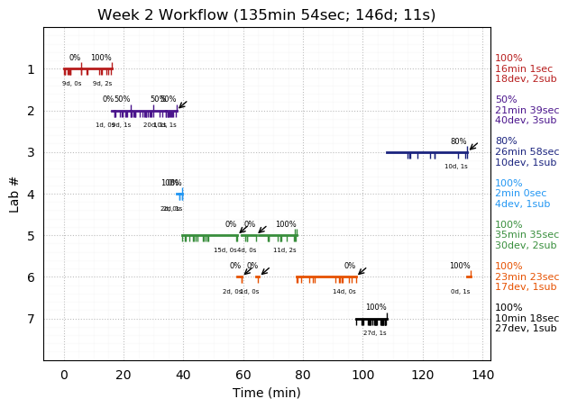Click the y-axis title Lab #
coord(14,194)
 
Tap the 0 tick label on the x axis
coord(64,375)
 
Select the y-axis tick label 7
coord(31,319)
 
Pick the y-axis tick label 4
coord(31,194)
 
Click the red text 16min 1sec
coord(524,68)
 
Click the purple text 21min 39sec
coord(527,110)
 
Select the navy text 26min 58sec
coord(527,152)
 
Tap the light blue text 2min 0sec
coord(521,194)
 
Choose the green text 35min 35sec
coord(527,235)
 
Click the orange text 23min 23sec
coord(527,277)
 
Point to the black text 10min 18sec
coord(527,319)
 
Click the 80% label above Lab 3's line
coord(458,141)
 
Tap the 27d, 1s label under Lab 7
coord(375,333)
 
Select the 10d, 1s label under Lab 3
coord(456,167)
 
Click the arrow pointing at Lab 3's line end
coord(473,145)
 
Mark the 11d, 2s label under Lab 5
coord(285,249)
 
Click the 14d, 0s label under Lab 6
coord(344,292)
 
